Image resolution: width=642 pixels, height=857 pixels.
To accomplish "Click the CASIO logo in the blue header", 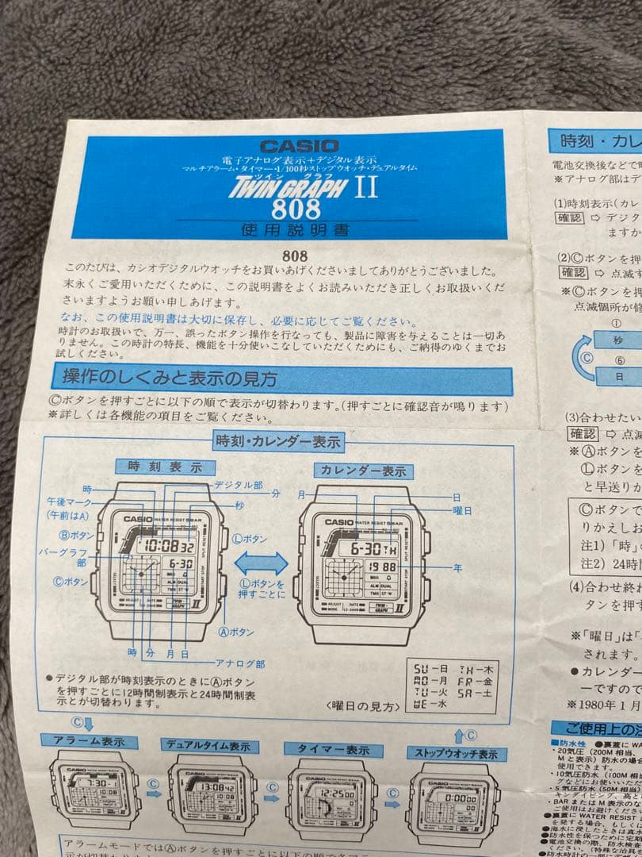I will pyautogui.click(x=299, y=146).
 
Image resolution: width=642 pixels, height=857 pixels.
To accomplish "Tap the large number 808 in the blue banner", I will pyautogui.click(x=296, y=209).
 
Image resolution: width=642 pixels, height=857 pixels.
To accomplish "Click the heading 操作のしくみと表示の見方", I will pyautogui.click(x=170, y=378).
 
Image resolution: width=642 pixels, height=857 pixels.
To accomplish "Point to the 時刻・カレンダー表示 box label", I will pyautogui.click(x=277, y=441).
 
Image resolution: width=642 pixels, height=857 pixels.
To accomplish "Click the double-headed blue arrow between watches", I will pyautogui.click(x=262, y=565).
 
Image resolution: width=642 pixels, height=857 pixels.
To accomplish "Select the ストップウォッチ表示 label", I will pyautogui.click(x=456, y=754).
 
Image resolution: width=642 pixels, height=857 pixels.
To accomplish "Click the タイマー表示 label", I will pyautogui.click(x=333, y=750).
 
